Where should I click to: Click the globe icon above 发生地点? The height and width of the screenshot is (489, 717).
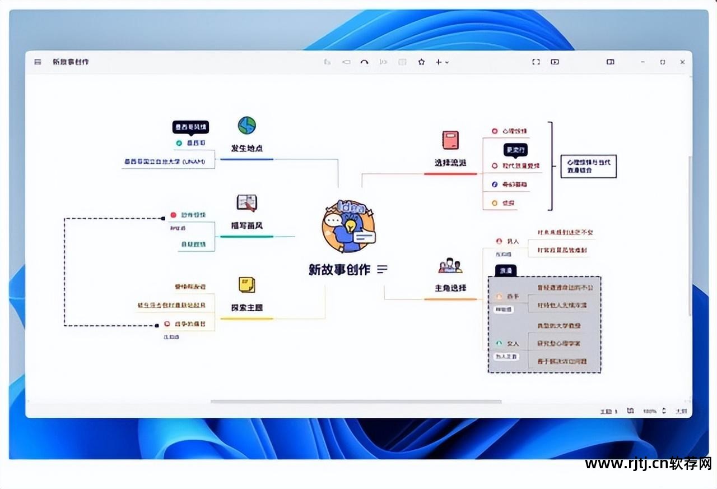tap(246, 125)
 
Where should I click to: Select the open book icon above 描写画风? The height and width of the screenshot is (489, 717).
tap(246, 202)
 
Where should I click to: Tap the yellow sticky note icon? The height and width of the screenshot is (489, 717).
tap(246, 284)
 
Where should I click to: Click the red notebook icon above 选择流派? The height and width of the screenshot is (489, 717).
tap(450, 140)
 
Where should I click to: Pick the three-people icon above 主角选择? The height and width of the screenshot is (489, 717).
tap(450, 265)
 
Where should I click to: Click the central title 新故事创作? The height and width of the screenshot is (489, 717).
tap(339, 269)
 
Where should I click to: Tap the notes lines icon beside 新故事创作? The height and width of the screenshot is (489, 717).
tap(383, 269)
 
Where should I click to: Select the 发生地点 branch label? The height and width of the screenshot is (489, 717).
tap(247, 149)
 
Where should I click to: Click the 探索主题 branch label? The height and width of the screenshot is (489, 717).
tap(247, 308)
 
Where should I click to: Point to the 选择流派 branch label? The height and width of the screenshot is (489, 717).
tap(450, 163)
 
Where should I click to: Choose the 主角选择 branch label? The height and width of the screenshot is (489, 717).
tap(450, 288)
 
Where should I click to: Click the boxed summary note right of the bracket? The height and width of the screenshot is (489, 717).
tap(588, 166)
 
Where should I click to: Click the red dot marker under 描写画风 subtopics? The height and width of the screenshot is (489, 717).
tap(174, 215)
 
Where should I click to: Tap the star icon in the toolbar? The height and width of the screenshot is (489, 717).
tap(421, 62)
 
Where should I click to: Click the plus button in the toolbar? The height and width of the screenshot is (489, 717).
tap(439, 62)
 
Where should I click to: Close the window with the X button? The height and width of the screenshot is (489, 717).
tap(682, 62)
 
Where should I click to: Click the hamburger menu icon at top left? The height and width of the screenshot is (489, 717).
tap(38, 62)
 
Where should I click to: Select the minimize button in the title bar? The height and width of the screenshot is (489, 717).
tap(642, 62)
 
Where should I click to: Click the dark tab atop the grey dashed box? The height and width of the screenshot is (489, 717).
tap(506, 270)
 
